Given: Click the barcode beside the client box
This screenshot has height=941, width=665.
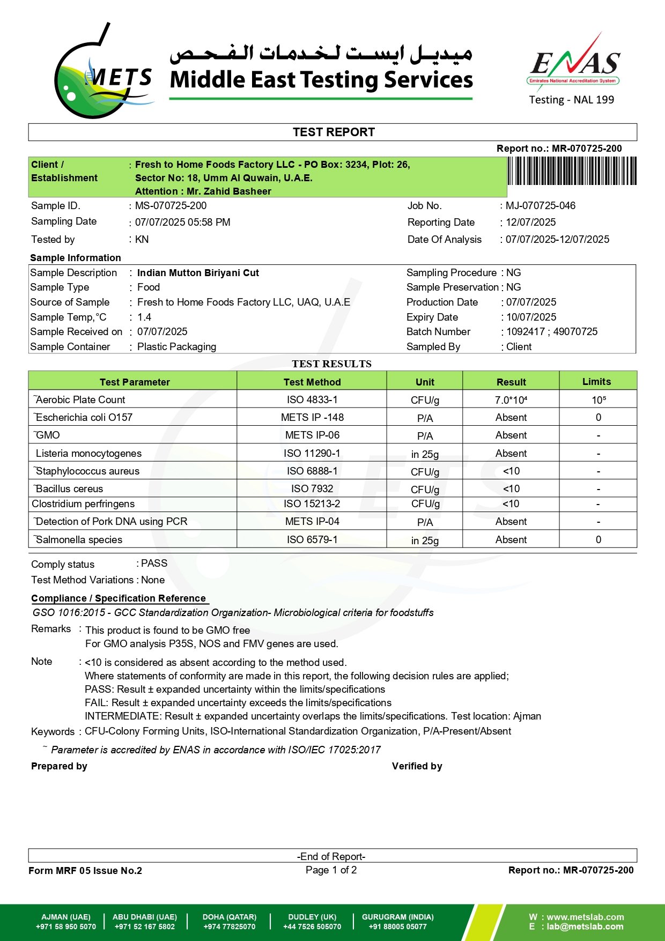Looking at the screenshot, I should (x=572, y=171).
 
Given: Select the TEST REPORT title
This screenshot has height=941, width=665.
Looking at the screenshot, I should (x=333, y=132).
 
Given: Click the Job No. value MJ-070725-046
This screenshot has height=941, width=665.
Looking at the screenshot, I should (x=540, y=206).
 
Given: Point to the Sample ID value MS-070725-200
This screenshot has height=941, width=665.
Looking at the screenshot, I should (x=171, y=206).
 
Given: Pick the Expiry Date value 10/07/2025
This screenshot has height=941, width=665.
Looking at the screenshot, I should (x=531, y=317).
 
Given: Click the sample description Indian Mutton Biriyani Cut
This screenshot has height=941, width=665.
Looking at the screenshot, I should (x=198, y=273).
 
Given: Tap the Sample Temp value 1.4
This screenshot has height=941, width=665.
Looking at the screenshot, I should (x=144, y=317).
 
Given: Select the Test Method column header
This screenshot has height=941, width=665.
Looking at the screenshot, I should (x=312, y=382).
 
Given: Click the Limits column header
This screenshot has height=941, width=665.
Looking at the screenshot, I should (x=596, y=382).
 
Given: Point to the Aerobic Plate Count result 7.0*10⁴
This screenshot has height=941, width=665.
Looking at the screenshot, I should (x=511, y=400).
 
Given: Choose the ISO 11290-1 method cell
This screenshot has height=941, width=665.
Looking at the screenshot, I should (x=312, y=454).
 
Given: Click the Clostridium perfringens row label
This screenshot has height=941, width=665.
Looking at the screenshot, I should (x=83, y=504).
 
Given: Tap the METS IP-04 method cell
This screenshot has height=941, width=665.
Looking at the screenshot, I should (x=312, y=522).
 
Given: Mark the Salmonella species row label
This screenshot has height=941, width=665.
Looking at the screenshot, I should (x=79, y=540).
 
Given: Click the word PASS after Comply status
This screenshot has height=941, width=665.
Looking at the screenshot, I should (x=154, y=564).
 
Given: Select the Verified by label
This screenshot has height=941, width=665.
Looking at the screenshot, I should (x=417, y=766).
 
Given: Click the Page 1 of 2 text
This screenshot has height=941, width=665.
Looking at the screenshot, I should (x=331, y=870).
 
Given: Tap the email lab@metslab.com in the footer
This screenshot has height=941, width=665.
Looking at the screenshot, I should (x=585, y=927).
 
